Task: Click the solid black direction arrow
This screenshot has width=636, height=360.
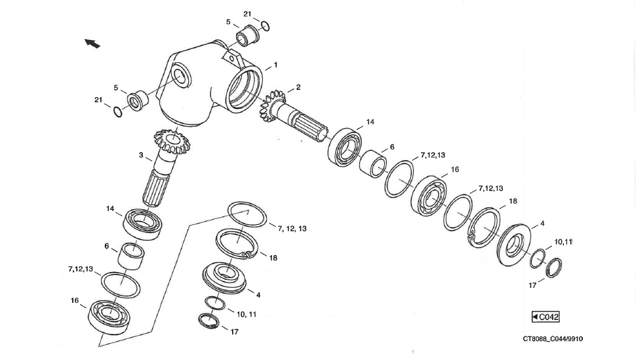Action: (x=92, y=43)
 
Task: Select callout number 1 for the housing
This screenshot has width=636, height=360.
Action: (x=275, y=65)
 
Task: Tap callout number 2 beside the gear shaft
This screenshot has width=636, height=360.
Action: (x=298, y=87)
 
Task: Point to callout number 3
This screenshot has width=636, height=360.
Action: (x=141, y=155)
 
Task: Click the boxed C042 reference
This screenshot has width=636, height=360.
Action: (x=546, y=317)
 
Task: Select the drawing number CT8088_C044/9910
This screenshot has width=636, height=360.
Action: (x=553, y=339)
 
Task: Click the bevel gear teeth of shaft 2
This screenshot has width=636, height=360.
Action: (x=273, y=109)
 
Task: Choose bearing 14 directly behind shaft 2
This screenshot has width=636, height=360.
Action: (x=346, y=147)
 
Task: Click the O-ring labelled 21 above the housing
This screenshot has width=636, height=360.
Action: (x=265, y=26)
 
